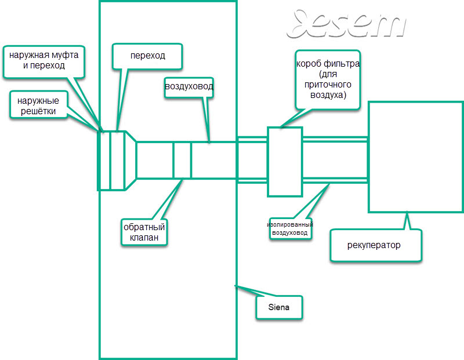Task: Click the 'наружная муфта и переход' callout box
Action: coord(44,62)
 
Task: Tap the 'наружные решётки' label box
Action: coord(38,106)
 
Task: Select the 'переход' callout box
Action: coord(147,56)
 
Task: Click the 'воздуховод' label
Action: coord(189,87)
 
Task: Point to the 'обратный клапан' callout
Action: coord(144,232)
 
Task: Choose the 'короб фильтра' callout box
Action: coord(328,80)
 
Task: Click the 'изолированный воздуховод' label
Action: coord(290,228)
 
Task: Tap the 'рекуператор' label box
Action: coord(375,245)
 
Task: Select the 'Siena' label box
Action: coord(279,307)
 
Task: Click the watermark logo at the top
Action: coord(346,24)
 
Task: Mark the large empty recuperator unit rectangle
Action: coord(415,157)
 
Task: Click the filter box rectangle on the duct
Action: coord(285,162)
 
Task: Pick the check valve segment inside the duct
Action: coord(182,161)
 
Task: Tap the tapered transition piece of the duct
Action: coord(130,161)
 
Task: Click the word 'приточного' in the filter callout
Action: coord(328,85)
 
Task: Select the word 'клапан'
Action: coord(144,237)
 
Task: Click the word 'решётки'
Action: coord(38,111)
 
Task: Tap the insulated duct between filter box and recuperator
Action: coord(335,160)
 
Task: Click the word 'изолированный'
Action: coord(290,224)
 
